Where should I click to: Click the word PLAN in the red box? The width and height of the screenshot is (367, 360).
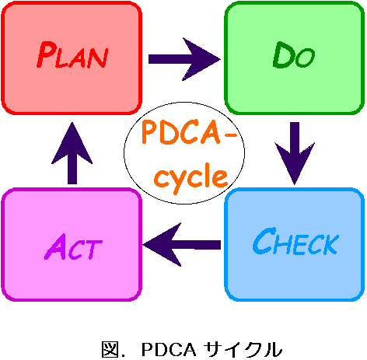pyautogui.click(x=72, y=54)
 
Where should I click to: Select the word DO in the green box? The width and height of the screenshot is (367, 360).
pyautogui.click(x=294, y=55)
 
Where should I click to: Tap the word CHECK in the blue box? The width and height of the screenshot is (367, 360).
pyautogui.click(x=295, y=242)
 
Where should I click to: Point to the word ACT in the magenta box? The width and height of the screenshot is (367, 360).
pyautogui.click(x=73, y=246)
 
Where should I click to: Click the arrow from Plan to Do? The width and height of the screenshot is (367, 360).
pyautogui.click(x=184, y=59)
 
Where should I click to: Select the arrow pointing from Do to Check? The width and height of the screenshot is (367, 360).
pyautogui.click(x=295, y=153)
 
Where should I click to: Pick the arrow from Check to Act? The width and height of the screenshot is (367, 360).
pyautogui.click(x=182, y=245)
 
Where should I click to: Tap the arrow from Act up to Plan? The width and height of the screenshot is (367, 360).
pyautogui.click(x=72, y=153)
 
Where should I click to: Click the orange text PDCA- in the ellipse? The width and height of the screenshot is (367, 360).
pyautogui.click(x=190, y=132)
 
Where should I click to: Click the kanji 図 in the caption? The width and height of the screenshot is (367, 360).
pyautogui.click(x=110, y=349)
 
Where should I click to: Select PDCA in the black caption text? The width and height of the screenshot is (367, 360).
pyautogui.click(x=169, y=350)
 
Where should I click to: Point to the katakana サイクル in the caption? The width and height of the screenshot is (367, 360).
pyautogui.click(x=243, y=349)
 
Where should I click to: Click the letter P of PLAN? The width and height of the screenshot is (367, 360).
pyautogui.click(x=46, y=54)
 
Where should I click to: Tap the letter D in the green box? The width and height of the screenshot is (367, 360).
pyautogui.click(x=284, y=54)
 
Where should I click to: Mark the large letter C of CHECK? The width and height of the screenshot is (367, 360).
pyautogui.click(x=264, y=241)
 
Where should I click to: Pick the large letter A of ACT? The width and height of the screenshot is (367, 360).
pyautogui.click(x=55, y=246)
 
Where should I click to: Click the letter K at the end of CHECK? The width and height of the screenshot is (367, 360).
pyautogui.click(x=331, y=244)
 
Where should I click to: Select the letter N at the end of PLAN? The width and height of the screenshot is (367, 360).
pyautogui.click(x=99, y=58)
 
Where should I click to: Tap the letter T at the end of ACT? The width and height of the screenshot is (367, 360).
pyautogui.click(x=95, y=250)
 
